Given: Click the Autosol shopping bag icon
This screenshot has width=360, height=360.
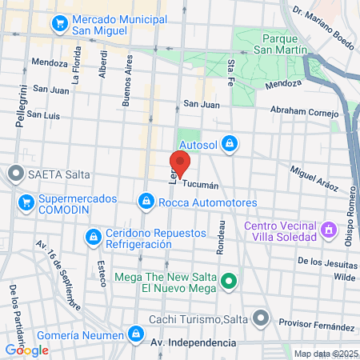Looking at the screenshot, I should point(230,143).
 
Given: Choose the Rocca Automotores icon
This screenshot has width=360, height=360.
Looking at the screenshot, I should point(145,202).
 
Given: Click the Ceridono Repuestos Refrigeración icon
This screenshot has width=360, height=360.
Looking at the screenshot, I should point(92,236).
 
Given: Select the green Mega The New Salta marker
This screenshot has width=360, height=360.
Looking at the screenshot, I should point(229,281).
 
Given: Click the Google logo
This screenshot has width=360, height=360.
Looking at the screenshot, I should point(26,350).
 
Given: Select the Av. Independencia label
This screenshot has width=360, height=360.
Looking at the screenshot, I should point(194,342).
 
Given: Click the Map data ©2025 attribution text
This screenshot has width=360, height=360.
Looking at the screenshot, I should point(325,354).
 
